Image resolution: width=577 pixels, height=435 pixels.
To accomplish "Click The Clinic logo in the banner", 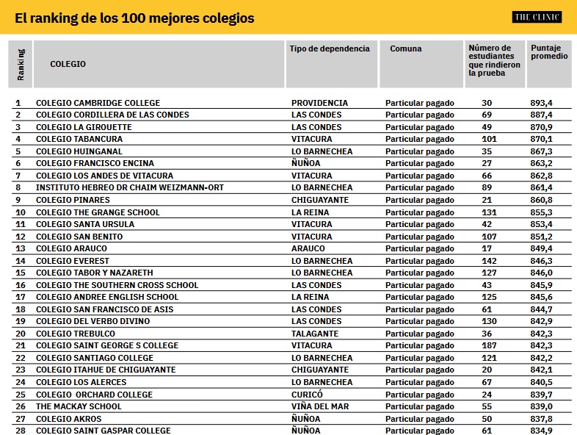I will click(x=537, y=17).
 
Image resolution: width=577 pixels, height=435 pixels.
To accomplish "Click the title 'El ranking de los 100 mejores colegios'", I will click(x=134, y=18).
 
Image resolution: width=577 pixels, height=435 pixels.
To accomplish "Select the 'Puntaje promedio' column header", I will click(x=549, y=52).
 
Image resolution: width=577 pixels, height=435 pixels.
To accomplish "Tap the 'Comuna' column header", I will click(x=405, y=48).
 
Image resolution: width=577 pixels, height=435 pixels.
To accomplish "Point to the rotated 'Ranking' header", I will click(x=21, y=64).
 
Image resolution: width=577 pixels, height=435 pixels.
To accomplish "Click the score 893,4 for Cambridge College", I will click(x=542, y=103).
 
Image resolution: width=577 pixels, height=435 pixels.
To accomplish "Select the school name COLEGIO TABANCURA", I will click(x=79, y=139).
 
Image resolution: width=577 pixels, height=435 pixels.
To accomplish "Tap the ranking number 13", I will click(x=20, y=248).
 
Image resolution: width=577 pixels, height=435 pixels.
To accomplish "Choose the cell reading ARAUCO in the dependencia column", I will click(x=308, y=248).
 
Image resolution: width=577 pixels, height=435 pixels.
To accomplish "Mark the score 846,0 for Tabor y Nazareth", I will click(x=542, y=273).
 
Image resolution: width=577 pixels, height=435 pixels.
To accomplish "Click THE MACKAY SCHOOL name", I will click(x=79, y=406).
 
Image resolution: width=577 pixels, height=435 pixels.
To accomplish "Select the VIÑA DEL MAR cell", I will click(x=320, y=406).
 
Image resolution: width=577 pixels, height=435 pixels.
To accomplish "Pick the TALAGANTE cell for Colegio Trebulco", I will click(x=315, y=334).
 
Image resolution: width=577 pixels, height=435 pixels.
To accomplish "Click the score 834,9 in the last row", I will click(x=542, y=431).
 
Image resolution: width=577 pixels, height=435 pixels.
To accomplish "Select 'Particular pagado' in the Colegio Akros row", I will click(x=420, y=419).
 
